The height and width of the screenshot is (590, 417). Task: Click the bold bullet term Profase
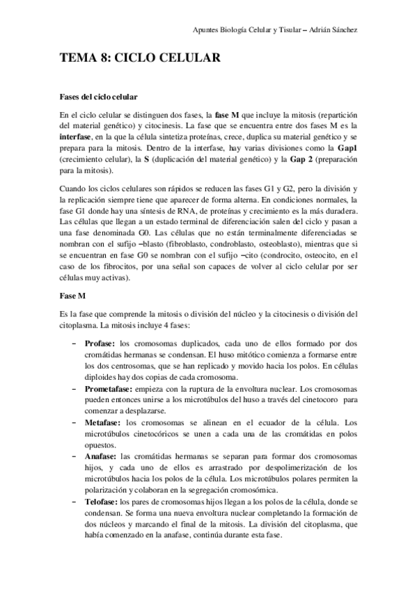tap(100, 344)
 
